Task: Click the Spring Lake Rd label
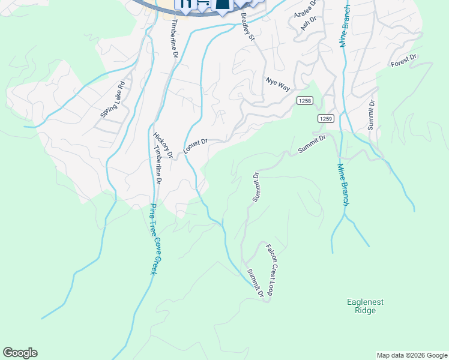point(113,99)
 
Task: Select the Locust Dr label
point(196,146)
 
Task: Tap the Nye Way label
point(278,84)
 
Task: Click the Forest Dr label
point(403,61)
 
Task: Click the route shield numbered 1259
point(326,118)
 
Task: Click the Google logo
point(20,353)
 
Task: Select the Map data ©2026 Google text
point(411,355)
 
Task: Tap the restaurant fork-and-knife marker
point(186,4)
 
